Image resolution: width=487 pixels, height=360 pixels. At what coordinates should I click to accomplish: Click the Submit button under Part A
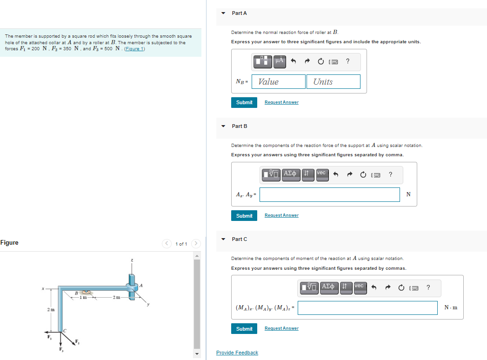click(244, 102)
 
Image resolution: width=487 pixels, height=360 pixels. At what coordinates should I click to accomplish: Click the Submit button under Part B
click(244, 215)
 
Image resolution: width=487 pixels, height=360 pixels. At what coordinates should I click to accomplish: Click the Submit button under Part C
click(244, 329)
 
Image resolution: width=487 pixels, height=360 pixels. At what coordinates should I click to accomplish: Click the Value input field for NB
click(279, 82)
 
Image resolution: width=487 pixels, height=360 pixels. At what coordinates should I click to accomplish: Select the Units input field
click(333, 82)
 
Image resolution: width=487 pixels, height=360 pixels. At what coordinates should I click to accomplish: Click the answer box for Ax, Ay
click(329, 194)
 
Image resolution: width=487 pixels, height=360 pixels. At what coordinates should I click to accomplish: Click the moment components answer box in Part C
click(367, 308)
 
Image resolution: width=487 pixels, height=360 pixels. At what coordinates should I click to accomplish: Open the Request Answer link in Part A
click(281, 102)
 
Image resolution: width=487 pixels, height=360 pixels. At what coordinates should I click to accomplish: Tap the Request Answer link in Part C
click(281, 328)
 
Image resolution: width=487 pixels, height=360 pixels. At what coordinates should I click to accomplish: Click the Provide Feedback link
click(237, 353)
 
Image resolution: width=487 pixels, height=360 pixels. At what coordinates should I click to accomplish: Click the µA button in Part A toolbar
click(279, 60)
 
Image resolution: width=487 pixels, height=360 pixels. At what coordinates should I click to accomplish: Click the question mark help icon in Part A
click(348, 60)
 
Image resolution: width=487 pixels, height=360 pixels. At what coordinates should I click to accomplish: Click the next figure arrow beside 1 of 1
click(196, 244)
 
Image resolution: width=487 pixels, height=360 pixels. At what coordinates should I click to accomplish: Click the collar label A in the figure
click(141, 285)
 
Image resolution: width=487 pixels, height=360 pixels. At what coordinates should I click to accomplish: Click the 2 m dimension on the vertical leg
click(51, 309)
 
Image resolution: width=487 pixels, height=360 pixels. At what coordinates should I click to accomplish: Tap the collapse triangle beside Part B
click(223, 126)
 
